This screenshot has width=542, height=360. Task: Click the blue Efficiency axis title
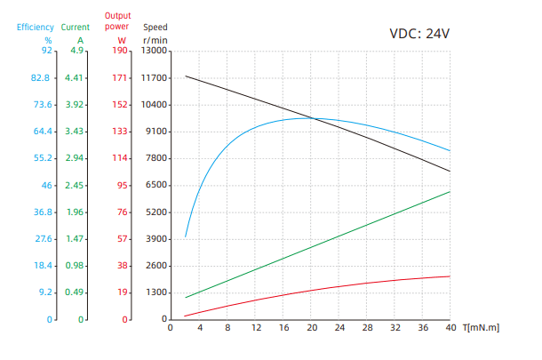(x=36, y=27)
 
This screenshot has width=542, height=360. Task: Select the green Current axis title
(x=76, y=27)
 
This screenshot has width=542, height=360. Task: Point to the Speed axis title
(x=155, y=27)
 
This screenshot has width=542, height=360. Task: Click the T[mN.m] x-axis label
(x=481, y=328)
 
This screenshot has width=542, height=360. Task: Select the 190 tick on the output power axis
(x=120, y=51)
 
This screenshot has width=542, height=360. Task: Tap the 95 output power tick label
(x=123, y=185)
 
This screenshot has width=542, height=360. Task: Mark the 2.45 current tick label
(x=74, y=185)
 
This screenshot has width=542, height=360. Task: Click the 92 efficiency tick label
(x=46, y=51)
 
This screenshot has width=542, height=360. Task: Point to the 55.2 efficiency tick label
(x=42, y=158)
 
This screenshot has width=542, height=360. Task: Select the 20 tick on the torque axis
(x=311, y=328)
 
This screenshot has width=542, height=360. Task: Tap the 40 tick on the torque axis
(x=450, y=328)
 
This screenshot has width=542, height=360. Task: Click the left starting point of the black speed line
(x=185, y=76)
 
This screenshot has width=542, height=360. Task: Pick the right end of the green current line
(x=450, y=192)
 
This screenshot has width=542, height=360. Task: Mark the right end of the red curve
(x=450, y=276)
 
